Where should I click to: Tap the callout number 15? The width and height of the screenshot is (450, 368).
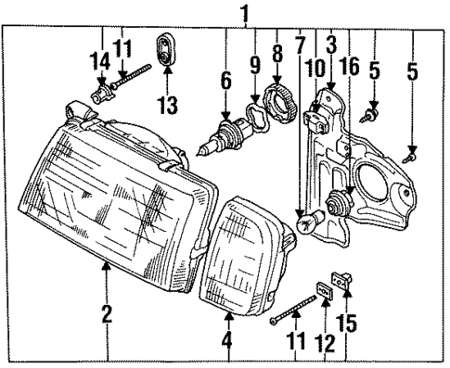pos(350,324)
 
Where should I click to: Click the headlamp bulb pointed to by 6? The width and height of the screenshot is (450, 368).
pos(219,143)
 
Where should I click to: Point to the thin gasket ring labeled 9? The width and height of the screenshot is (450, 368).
pos(251,121)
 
